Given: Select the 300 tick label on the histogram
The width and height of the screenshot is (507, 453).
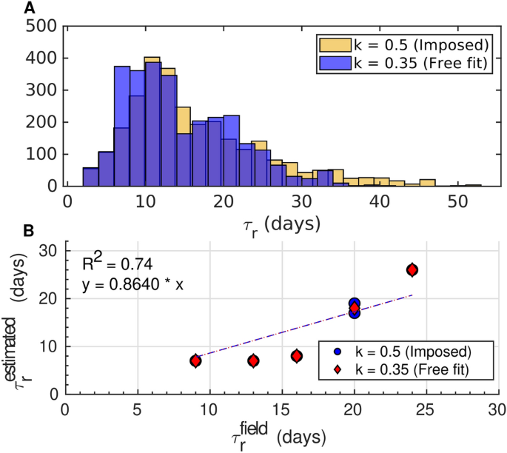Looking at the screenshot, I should [x=44, y=90].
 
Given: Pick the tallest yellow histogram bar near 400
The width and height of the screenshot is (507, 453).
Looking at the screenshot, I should [x=152, y=59].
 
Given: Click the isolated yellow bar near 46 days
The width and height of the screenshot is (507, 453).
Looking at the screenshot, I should [x=427, y=182].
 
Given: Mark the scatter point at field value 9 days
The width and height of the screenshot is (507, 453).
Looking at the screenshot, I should [x=195, y=360].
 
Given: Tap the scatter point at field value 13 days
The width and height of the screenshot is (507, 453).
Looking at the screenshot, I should [x=253, y=360].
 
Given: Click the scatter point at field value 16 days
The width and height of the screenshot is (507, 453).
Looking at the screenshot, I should [x=297, y=356].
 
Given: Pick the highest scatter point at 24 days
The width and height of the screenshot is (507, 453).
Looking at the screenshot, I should [x=412, y=270].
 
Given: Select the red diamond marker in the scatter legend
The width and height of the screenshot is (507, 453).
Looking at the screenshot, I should [x=338, y=368].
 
